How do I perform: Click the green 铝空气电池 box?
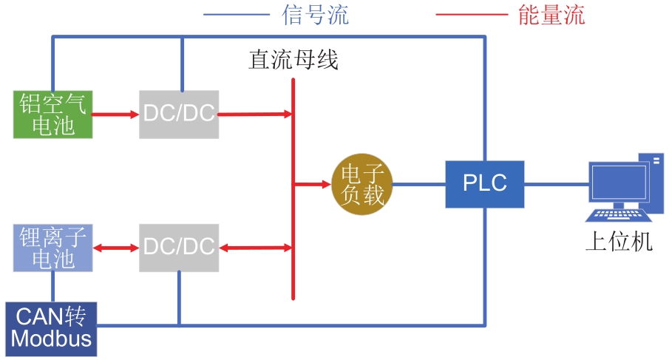pyautogui.click(x=52, y=115)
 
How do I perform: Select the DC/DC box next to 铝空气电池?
pyautogui.click(x=179, y=115)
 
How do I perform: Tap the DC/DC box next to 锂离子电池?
pyautogui.click(x=179, y=248)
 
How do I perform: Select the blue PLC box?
pyautogui.click(x=485, y=184)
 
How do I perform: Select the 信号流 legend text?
pyautogui.click(x=316, y=14)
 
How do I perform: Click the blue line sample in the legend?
pyautogui.click(x=236, y=14)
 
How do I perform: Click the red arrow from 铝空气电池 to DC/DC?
pyautogui.click(x=115, y=115)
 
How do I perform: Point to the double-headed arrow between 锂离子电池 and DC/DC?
pyautogui.click(x=115, y=248)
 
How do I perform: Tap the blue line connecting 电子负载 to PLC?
pyautogui.click(x=418, y=184)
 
